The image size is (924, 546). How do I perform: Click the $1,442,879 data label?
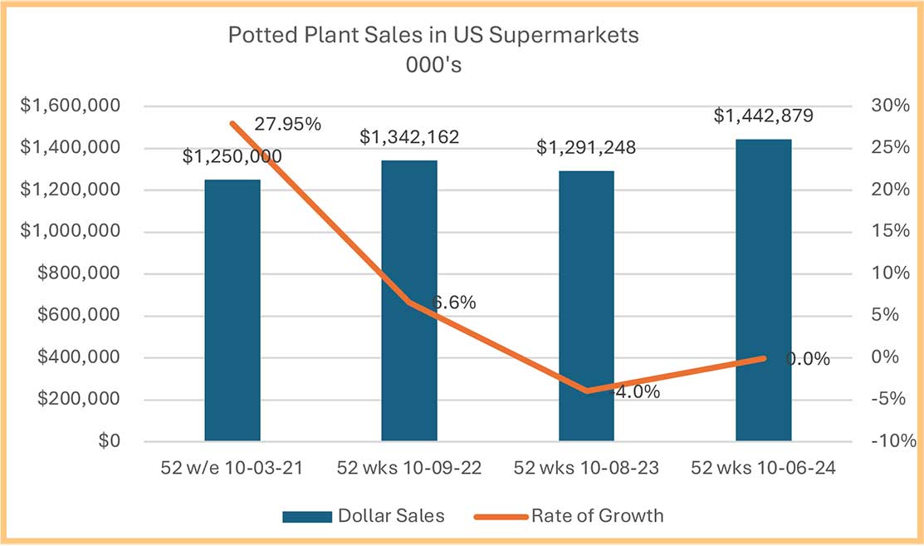[x=763, y=116]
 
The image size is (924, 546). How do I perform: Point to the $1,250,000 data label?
[x=232, y=155]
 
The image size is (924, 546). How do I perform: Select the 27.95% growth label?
[x=282, y=125]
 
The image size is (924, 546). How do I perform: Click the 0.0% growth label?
[x=808, y=359]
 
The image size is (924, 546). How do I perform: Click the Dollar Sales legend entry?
[x=363, y=515]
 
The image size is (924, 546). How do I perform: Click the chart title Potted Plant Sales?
[x=433, y=37]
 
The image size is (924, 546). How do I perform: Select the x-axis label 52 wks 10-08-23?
[x=586, y=468]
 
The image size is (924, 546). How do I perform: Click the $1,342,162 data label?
[x=409, y=137]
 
